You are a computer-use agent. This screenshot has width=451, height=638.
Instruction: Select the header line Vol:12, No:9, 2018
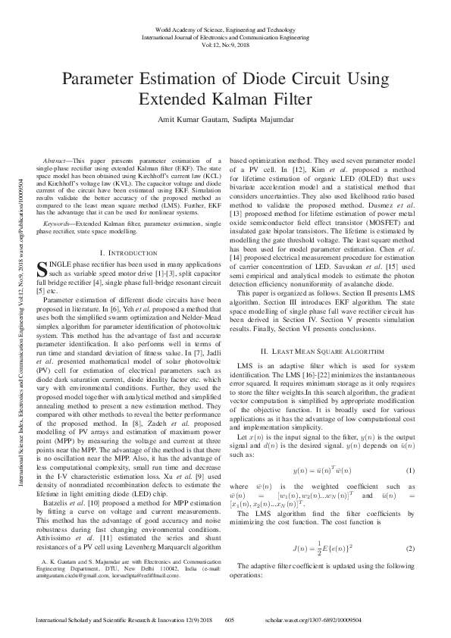pyautogui.click(x=225, y=45)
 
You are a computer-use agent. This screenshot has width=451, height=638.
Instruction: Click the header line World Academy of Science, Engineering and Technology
pyautogui.click(x=225, y=27)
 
